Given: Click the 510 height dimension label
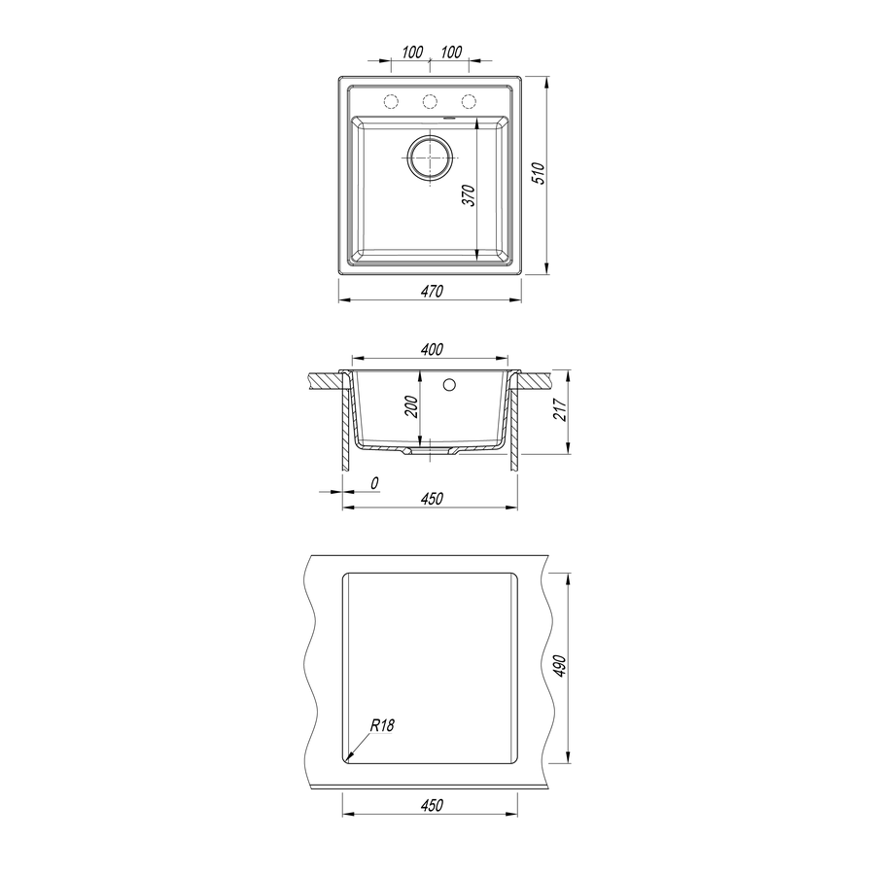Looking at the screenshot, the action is pyautogui.click(x=538, y=174).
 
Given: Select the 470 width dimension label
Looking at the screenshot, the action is pyautogui.click(x=432, y=292).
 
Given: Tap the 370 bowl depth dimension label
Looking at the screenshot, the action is pyautogui.click(x=470, y=195).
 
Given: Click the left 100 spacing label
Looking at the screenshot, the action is pyautogui.click(x=412, y=52).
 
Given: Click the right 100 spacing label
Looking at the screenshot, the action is pyautogui.click(x=451, y=52).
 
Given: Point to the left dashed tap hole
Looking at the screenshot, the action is pyautogui.click(x=391, y=101).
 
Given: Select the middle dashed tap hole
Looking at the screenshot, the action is pyautogui.click(x=430, y=101).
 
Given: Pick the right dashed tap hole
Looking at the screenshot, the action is pyautogui.click(x=469, y=101).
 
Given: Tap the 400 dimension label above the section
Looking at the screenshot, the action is pyautogui.click(x=432, y=350).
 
